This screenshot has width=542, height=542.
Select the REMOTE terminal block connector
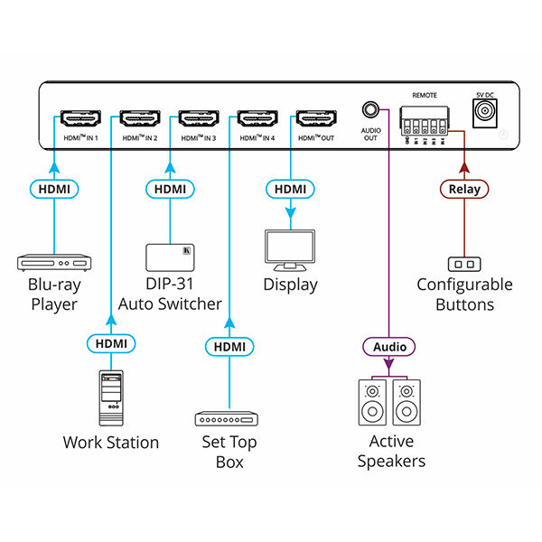pos(424,120)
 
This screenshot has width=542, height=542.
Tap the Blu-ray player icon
pos(55,263)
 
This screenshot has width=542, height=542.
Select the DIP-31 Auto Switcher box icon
pos(171,257)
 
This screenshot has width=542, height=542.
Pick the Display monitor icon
pos(290,250)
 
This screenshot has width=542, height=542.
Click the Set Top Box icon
pos(227,418)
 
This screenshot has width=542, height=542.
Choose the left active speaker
pos(372,403)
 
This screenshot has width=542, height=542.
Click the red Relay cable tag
pos(465,189)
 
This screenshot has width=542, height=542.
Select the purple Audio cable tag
pos(389,346)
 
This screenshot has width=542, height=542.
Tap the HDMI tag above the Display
pos(290,189)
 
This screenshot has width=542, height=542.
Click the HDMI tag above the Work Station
pos(110,343)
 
